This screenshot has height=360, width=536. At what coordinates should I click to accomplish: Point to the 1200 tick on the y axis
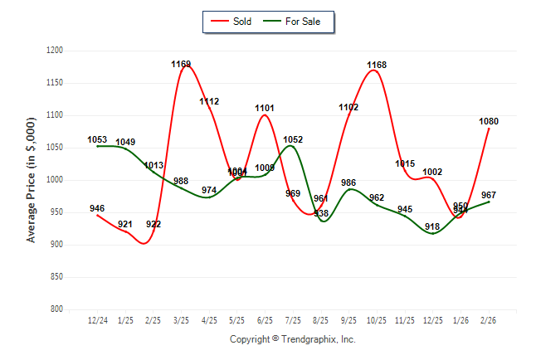click(56, 51)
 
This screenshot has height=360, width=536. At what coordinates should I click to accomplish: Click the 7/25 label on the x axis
click(293, 319)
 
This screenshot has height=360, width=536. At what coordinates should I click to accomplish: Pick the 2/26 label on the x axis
click(489, 319)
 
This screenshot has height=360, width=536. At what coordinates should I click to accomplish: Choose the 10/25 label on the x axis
click(377, 319)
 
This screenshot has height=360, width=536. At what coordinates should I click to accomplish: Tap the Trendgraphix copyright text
click(292, 339)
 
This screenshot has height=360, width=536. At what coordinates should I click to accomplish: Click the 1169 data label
click(181, 64)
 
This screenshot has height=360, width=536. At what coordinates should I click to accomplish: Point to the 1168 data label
click(377, 65)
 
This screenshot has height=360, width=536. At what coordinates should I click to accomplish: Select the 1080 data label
click(489, 121)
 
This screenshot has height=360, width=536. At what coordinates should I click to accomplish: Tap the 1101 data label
click(265, 108)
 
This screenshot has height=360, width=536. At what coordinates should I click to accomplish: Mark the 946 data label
click(97, 208)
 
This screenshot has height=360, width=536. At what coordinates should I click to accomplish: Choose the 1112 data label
click(209, 101)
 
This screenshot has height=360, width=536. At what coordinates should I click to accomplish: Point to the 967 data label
click(489, 194)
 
